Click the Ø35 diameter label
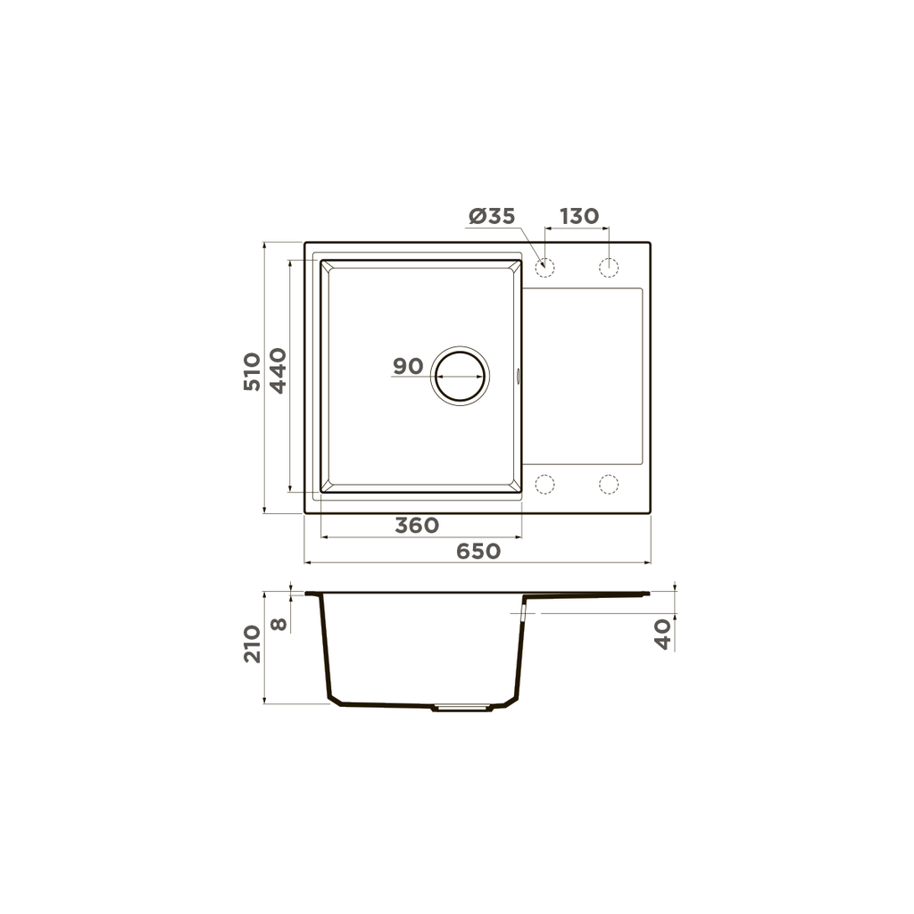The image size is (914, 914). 492,216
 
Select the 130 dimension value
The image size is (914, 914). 579,216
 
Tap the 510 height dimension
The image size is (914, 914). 253,371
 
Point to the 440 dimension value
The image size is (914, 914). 278,371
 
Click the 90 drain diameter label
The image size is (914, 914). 407,366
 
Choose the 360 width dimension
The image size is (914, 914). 417,526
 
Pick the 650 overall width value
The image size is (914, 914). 478,552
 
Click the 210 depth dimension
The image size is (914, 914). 253,644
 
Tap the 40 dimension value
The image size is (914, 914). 662,635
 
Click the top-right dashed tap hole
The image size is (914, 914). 609,266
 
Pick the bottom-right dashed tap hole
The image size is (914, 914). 609,484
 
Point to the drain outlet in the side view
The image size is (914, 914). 461,708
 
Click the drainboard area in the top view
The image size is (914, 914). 582,376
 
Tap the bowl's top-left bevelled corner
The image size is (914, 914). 326,265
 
